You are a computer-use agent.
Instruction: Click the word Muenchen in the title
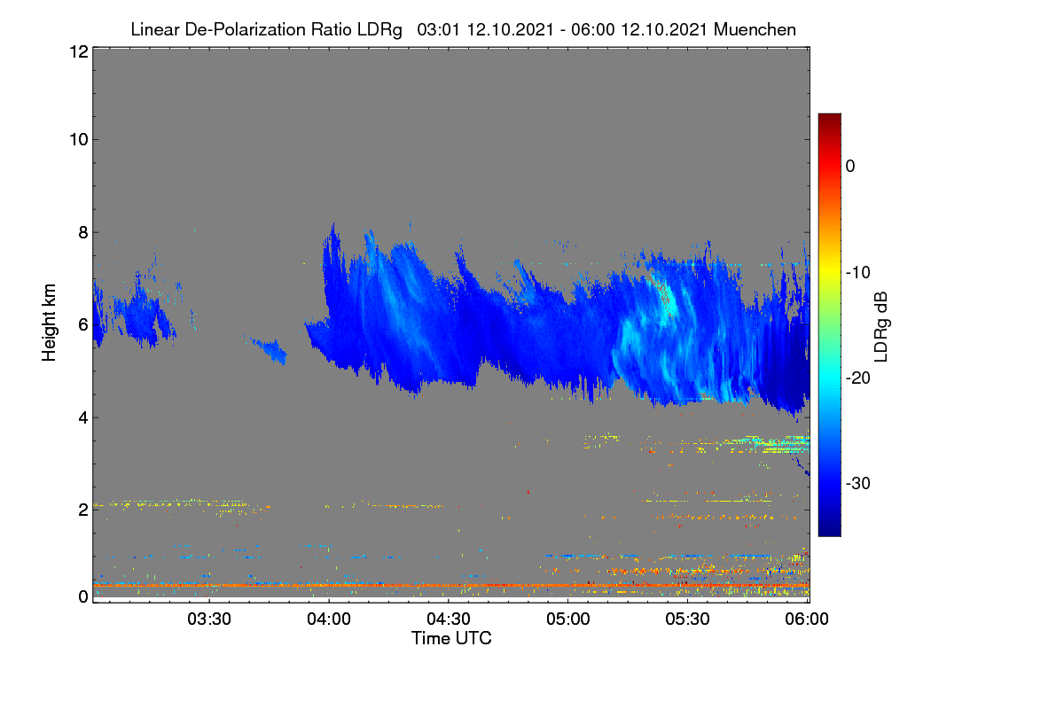(755, 29)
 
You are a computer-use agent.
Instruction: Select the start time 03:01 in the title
(438, 29)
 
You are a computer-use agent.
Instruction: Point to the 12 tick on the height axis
(79, 51)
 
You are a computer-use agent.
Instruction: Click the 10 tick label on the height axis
(79, 140)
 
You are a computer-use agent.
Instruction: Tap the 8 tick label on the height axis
(83, 232)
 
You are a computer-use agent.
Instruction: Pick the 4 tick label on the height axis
(83, 418)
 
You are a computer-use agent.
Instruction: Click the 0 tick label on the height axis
(83, 596)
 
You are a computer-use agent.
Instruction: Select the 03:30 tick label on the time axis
(209, 619)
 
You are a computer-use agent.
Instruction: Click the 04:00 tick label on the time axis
(329, 619)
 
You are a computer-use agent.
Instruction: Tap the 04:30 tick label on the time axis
(449, 619)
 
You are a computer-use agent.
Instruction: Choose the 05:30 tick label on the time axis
(687, 619)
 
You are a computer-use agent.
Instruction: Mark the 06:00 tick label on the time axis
(807, 619)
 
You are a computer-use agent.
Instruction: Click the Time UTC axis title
(451, 638)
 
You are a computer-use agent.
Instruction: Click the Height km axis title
(49, 323)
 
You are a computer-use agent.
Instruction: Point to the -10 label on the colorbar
(858, 273)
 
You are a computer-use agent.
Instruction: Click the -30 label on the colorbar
(858, 483)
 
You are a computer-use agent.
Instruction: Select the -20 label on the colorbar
(858, 378)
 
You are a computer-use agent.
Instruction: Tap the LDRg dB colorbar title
(881, 327)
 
